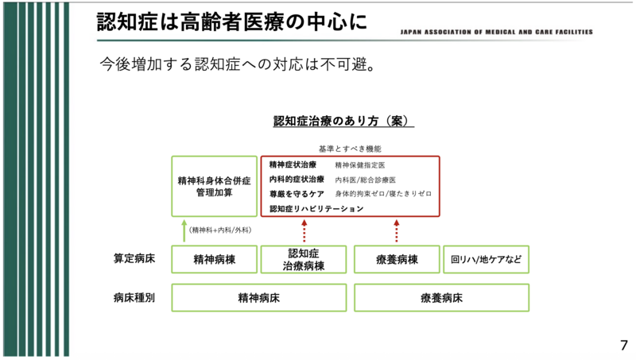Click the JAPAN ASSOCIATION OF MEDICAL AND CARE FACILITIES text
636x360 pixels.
(x=496, y=33)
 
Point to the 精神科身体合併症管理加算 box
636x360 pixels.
(x=214, y=186)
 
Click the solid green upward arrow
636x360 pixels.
(x=184, y=230)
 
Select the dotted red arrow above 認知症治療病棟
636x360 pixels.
(x=304, y=230)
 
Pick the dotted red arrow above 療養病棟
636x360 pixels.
(x=397, y=230)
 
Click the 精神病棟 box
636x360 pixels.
(x=214, y=259)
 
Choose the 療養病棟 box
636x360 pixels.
(x=397, y=259)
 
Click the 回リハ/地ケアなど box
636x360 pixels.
(x=485, y=259)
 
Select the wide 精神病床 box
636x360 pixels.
(x=259, y=298)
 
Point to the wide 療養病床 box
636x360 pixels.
(x=441, y=298)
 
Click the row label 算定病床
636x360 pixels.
(x=133, y=259)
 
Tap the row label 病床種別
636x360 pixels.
(x=133, y=298)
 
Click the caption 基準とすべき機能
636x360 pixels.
(x=350, y=149)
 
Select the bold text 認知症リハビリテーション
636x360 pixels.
(x=316, y=208)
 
